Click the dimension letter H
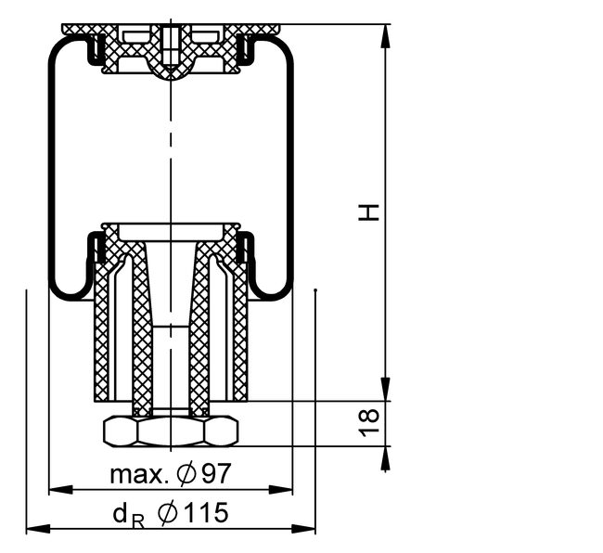click(369, 212)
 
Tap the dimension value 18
click(369, 424)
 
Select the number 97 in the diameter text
click(217, 473)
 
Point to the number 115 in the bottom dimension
click(205, 512)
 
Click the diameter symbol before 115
click(167, 512)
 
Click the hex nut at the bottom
click(171, 431)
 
